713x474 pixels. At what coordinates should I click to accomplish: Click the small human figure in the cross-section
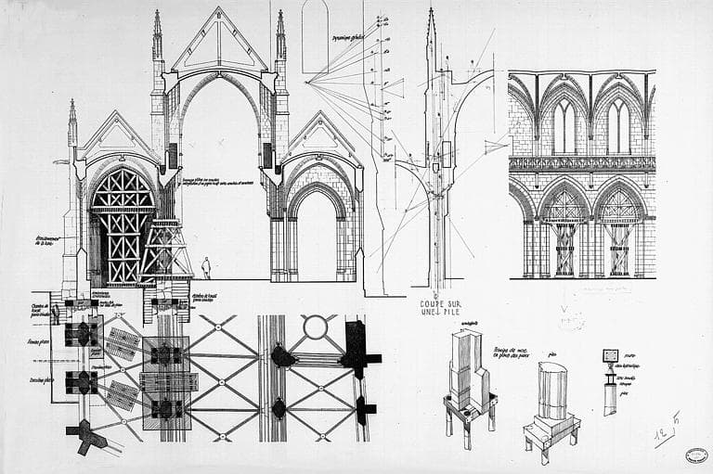[x=206, y=267]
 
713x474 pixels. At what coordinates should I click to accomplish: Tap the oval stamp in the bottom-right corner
[x=694, y=455]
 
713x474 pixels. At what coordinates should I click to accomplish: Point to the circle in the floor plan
[x=316, y=327]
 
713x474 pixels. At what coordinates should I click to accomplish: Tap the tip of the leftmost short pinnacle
[x=72, y=101]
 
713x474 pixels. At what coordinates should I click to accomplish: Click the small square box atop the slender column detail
[x=610, y=355]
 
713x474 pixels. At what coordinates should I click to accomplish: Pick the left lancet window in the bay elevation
[x=564, y=127]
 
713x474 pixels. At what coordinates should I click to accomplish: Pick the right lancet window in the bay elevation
[x=618, y=127]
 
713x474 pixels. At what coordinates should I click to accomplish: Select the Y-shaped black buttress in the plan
[x=86, y=436]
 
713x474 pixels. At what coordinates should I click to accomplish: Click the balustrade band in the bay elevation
[x=581, y=163]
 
